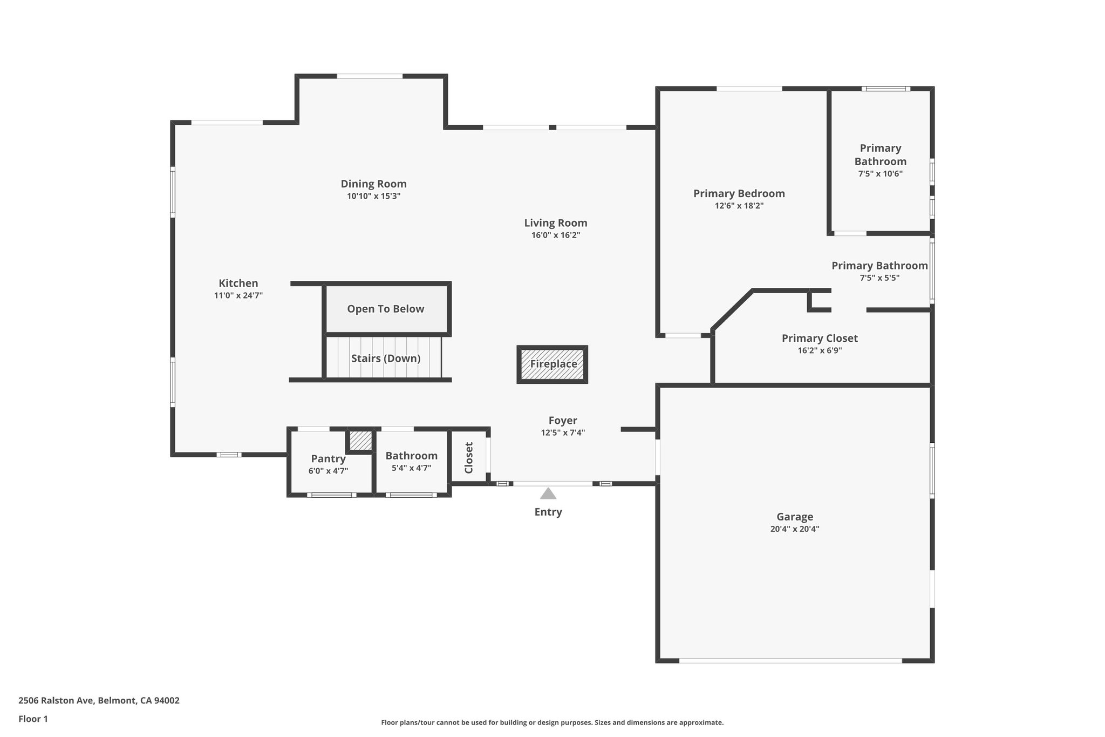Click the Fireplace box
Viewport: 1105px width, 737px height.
(x=552, y=364)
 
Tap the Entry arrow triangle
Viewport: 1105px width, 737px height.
(x=548, y=493)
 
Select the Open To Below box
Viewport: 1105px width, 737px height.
(x=386, y=309)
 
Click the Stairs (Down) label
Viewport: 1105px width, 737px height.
(x=386, y=359)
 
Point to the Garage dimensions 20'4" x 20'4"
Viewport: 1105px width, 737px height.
(x=795, y=529)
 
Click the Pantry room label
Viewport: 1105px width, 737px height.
(x=328, y=458)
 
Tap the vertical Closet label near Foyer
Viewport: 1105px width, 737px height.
(x=469, y=458)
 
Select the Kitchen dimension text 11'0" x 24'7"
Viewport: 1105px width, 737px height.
(x=238, y=295)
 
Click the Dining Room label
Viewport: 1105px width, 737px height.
(x=373, y=184)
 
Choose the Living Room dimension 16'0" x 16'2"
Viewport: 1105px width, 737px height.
(x=556, y=235)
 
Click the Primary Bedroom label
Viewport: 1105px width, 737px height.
(x=739, y=193)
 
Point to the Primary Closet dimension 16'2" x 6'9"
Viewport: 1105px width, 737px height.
(x=820, y=350)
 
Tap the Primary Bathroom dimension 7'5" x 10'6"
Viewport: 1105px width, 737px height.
(x=880, y=174)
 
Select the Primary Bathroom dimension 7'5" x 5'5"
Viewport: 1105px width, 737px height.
(x=879, y=278)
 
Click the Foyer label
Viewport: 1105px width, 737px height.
(x=563, y=420)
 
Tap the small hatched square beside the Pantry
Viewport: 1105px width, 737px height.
(x=360, y=440)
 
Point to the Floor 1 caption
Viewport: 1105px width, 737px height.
(x=33, y=719)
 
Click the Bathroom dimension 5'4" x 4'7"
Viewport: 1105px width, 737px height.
(x=411, y=468)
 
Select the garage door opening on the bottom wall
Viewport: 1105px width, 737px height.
(x=790, y=660)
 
